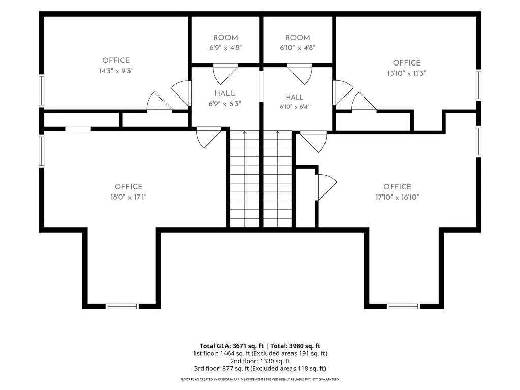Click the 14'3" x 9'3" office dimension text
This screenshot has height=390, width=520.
[116, 71]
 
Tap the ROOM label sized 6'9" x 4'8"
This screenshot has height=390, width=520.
[225, 38]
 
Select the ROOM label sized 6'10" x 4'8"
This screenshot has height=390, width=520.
[298, 38]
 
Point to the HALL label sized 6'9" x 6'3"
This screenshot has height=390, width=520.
[224, 93]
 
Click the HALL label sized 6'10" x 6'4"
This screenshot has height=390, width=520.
[295, 97]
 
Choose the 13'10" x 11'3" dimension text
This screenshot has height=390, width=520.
[407, 73]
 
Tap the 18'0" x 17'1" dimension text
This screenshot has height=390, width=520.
[128, 197]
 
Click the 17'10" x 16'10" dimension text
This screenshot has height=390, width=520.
[397, 197]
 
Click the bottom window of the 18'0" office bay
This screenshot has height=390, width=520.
[122, 306]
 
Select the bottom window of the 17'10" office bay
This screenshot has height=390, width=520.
[403, 306]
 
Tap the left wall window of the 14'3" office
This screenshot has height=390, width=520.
[42, 91]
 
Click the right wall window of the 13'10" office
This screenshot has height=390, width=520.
[478, 85]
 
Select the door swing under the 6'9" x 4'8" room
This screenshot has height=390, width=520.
[225, 74]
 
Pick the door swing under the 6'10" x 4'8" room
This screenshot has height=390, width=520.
[300, 74]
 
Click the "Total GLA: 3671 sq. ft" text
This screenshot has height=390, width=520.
[232, 346]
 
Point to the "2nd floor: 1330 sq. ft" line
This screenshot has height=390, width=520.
[260, 361]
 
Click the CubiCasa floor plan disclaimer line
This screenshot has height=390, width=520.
[260, 379]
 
